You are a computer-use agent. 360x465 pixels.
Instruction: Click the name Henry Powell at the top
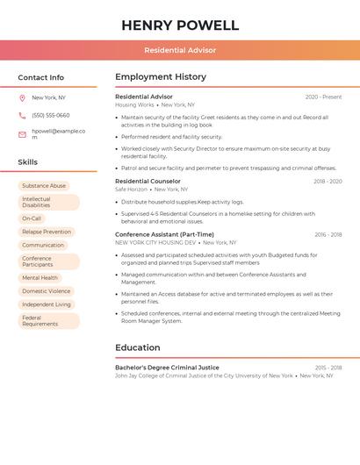[180, 25]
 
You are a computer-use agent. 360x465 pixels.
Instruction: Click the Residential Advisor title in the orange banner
[180, 50]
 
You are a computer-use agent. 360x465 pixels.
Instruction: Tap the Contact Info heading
[41, 77]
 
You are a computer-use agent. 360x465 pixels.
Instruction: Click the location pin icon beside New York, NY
[22, 98]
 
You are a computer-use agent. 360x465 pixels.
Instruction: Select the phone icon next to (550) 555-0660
[22, 115]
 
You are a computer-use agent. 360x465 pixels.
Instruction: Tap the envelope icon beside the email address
[22, 134]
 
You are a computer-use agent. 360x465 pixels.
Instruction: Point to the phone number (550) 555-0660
[51, 115]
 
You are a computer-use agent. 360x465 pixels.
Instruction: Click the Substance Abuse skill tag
[44, 186]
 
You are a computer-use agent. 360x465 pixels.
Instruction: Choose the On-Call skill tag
[32, 218]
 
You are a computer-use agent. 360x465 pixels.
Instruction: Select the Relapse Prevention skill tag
[47, 232]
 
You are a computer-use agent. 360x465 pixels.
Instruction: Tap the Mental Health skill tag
[40, 277]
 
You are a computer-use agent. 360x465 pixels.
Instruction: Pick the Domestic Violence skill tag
[46, 290]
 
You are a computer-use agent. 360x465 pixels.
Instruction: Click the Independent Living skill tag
[47, 304]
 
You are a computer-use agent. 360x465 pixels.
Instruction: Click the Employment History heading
[161, 76]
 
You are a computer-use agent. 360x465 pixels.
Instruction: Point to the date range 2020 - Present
[323, 97]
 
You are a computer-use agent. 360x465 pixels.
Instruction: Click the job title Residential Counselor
[148, 182]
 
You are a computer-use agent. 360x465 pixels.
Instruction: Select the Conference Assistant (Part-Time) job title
[164, 234]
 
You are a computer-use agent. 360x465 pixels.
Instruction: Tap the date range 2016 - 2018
[328, 235]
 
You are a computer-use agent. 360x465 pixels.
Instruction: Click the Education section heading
[137, 347]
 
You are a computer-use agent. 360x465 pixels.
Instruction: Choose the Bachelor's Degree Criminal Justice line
[167, 368]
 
